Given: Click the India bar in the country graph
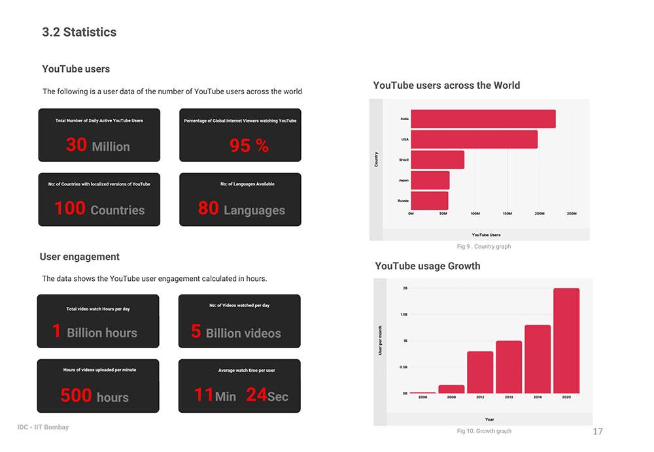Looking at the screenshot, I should tap(483, 119).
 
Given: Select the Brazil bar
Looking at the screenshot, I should tap(437, 160).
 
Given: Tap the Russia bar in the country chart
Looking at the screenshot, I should tap(429, 201).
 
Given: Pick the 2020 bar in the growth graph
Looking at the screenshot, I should tap(566, 340).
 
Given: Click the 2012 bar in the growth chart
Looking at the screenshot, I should tap(480, 372).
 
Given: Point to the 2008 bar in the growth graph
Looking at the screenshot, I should tap(451, 389).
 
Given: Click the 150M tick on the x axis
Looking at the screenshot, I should tap(507, 214).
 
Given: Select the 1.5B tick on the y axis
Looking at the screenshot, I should tap(405, 314).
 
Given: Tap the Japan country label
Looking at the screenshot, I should tap(404, 180).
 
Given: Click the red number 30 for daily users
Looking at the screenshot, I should tap(76, 144).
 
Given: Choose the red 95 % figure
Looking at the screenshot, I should tap(249, 146).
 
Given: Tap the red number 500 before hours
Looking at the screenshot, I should tap(76, 395).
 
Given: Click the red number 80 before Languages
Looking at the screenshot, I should tap(208, 208).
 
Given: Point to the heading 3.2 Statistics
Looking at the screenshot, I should tap(79, 32).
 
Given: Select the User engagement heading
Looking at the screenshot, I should tap(80, 257).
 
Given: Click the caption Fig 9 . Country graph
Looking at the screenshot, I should tap(483, 247).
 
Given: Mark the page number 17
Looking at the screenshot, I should tap(597, 432).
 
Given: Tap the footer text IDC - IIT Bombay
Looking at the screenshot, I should tap(43, 427).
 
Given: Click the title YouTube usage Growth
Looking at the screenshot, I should tap(428, 266).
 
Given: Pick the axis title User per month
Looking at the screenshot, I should tap(380, 340).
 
